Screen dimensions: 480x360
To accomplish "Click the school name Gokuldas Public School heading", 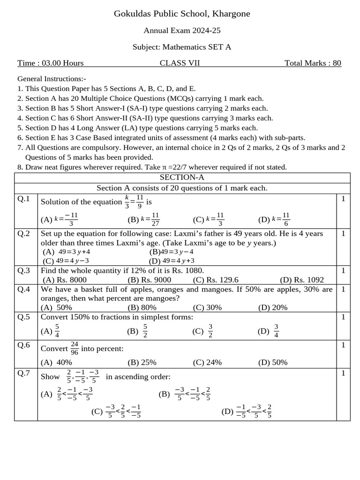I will click(x=182, y=14).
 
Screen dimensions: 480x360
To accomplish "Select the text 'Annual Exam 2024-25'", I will click(x=182, y=30).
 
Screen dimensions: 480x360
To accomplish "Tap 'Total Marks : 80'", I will click(x=313, y=63).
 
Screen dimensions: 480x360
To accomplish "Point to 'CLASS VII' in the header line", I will click(x=180, y=63).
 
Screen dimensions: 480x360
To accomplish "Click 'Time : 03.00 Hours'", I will click(x=51, y=63).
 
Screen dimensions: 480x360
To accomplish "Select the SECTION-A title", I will click(x=182, y=178).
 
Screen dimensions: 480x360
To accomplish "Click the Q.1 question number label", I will click(x=24, y=199).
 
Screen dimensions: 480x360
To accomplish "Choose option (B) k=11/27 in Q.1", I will click(x=144, y=219).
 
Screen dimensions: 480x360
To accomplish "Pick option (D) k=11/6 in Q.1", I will click(x=274, y=219).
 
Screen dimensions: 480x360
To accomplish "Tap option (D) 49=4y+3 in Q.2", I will click(x=172, y=261).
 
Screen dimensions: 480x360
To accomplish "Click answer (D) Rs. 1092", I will click(x=302, y=280).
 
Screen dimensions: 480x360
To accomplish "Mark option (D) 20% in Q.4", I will click(x=273, y=307).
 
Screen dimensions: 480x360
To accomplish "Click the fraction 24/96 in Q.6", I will click(x=75, y=348).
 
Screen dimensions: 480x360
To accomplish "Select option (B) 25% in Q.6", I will click(x=142, y=362).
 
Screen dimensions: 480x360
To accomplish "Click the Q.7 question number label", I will click(x=24, y=373).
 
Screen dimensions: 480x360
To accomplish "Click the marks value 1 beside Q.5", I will click(x=343, y=317).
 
